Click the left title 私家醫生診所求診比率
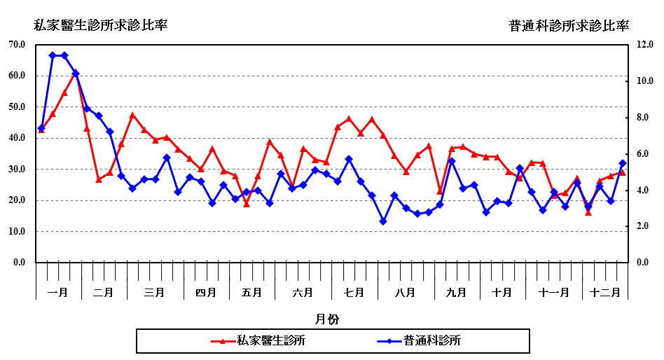[x=101, y=26]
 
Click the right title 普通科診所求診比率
[x=569, y=26]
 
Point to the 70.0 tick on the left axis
[x=17, y=45]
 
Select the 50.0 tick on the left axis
[x=17, y=107]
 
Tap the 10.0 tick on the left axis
[x=17, y=232]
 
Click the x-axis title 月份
[x=327, y=319]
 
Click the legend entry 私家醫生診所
[x=270, y=341]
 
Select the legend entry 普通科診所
[x=431, y=341]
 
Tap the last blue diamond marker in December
[x=622, y=163]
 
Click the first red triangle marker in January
[x=41, y=130]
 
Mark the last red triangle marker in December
[x=622, y=172]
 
